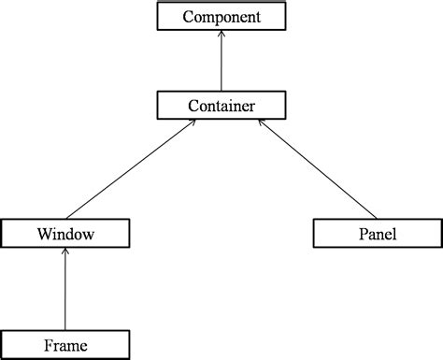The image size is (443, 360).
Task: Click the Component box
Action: pos(221,17)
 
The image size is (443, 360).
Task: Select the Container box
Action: pos(221,105)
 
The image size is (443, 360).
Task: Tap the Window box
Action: pos(64,233)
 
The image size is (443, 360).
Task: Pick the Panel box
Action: pos(377,233)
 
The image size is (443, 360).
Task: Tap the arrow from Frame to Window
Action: pos(64,290)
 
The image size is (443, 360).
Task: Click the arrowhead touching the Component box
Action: pos(221,35)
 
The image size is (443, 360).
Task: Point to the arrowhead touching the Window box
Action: pos(64,252)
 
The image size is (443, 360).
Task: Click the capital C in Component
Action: pos(188,17)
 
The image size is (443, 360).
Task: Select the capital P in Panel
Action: pos(361,233)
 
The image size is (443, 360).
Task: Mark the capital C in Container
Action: pos(193,105)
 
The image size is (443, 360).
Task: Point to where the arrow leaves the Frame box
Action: pos(64,330)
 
